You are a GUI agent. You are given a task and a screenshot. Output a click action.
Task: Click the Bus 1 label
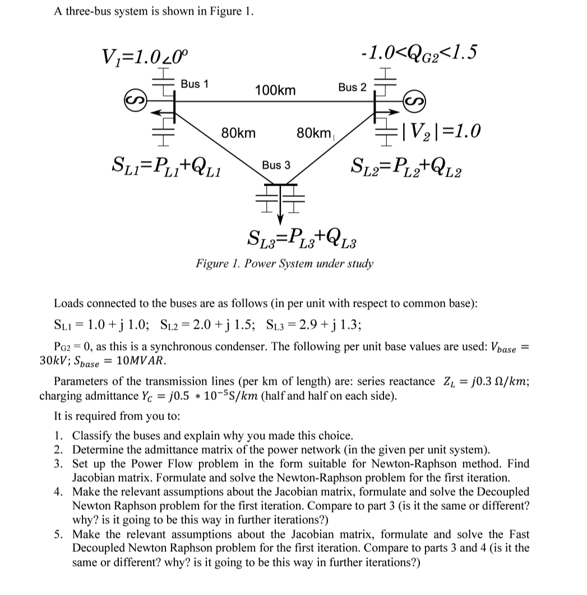194,84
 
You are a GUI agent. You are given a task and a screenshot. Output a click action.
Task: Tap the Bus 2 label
352,87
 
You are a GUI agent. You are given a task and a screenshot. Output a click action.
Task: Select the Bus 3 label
276,165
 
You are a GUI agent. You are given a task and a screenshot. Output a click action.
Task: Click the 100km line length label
275,90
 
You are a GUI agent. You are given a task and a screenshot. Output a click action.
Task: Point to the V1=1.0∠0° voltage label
147,56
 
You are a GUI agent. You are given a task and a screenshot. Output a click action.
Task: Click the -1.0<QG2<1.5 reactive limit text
420,53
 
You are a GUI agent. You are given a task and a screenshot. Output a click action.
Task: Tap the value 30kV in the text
54,359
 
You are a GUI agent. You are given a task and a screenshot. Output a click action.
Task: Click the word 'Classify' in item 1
93,435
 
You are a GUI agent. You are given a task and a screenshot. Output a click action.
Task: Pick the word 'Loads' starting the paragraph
67,303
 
